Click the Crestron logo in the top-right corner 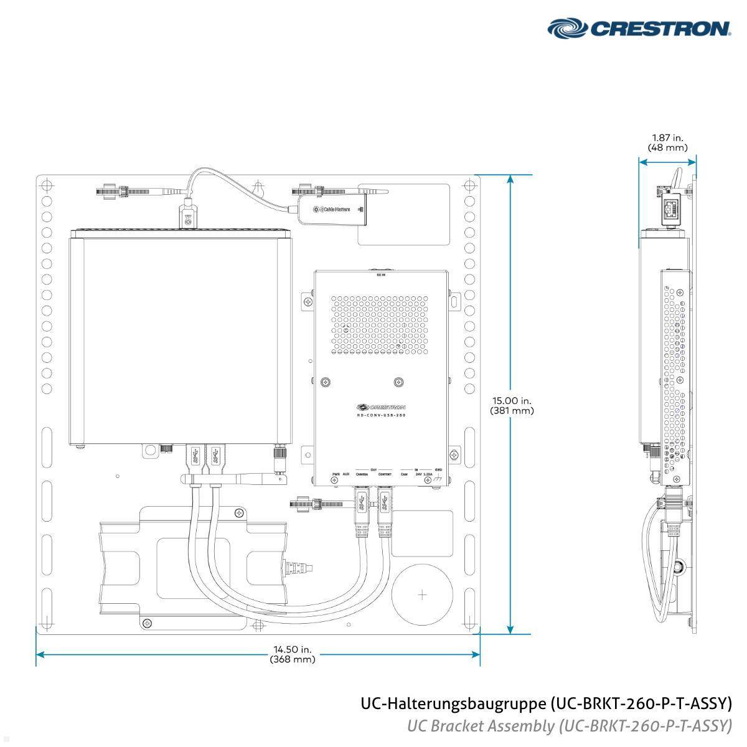coord(639,28)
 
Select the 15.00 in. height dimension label coord(511,401)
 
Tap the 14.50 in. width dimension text coord(293,651)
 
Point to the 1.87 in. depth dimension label coord(667,138)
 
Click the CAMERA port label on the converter coord(361,474)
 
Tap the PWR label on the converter coord(336,474)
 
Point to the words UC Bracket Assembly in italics coord(481,725)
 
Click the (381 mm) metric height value coord(511,411)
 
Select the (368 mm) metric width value coord(293,660)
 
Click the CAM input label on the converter coord(404,474)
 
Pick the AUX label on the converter coord(346,474)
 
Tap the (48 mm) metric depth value coord(667,148)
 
